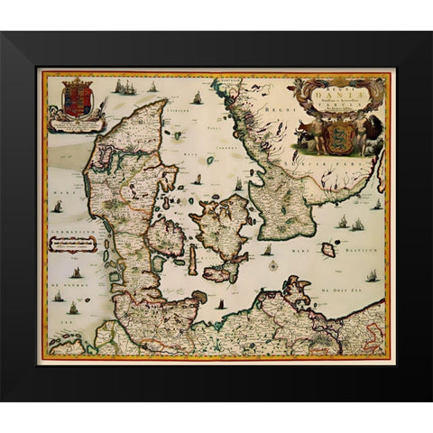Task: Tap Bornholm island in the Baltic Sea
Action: [x=328, y=250]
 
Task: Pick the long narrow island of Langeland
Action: [x=191, y=262]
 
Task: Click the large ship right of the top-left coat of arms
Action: [x=126, y=88]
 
